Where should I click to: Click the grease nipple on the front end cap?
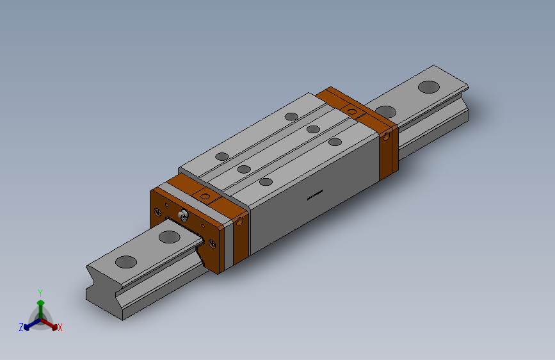184,216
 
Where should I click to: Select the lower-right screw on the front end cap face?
212,243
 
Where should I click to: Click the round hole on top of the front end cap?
205,196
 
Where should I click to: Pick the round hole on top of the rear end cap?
351,112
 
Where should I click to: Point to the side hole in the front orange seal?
240,222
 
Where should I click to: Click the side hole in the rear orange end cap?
387,136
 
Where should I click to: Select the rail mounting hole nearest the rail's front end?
126,261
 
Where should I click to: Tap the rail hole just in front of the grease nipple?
169,237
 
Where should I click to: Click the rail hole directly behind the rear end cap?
385,111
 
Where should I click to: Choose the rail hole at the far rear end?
428,86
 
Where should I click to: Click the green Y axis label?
40,291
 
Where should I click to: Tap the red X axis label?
60,328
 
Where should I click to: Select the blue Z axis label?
21,327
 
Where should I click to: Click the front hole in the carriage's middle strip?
243,169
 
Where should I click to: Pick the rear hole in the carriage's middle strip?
313,129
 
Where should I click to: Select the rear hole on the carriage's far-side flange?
291,117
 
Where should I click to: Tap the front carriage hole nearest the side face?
266,182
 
